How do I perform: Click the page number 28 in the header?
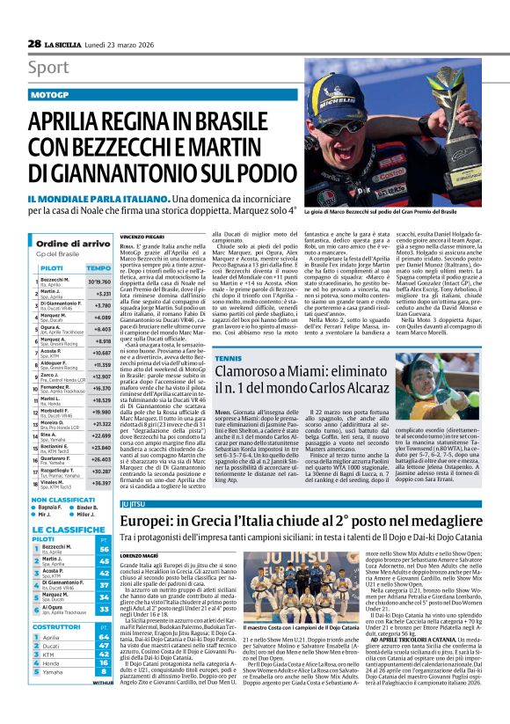[x=34, y=44]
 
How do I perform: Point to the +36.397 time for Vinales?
[x=98, y=483]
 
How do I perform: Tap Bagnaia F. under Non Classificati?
[x=51, y=508]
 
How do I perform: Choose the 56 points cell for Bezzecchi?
[x=105, y=550]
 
